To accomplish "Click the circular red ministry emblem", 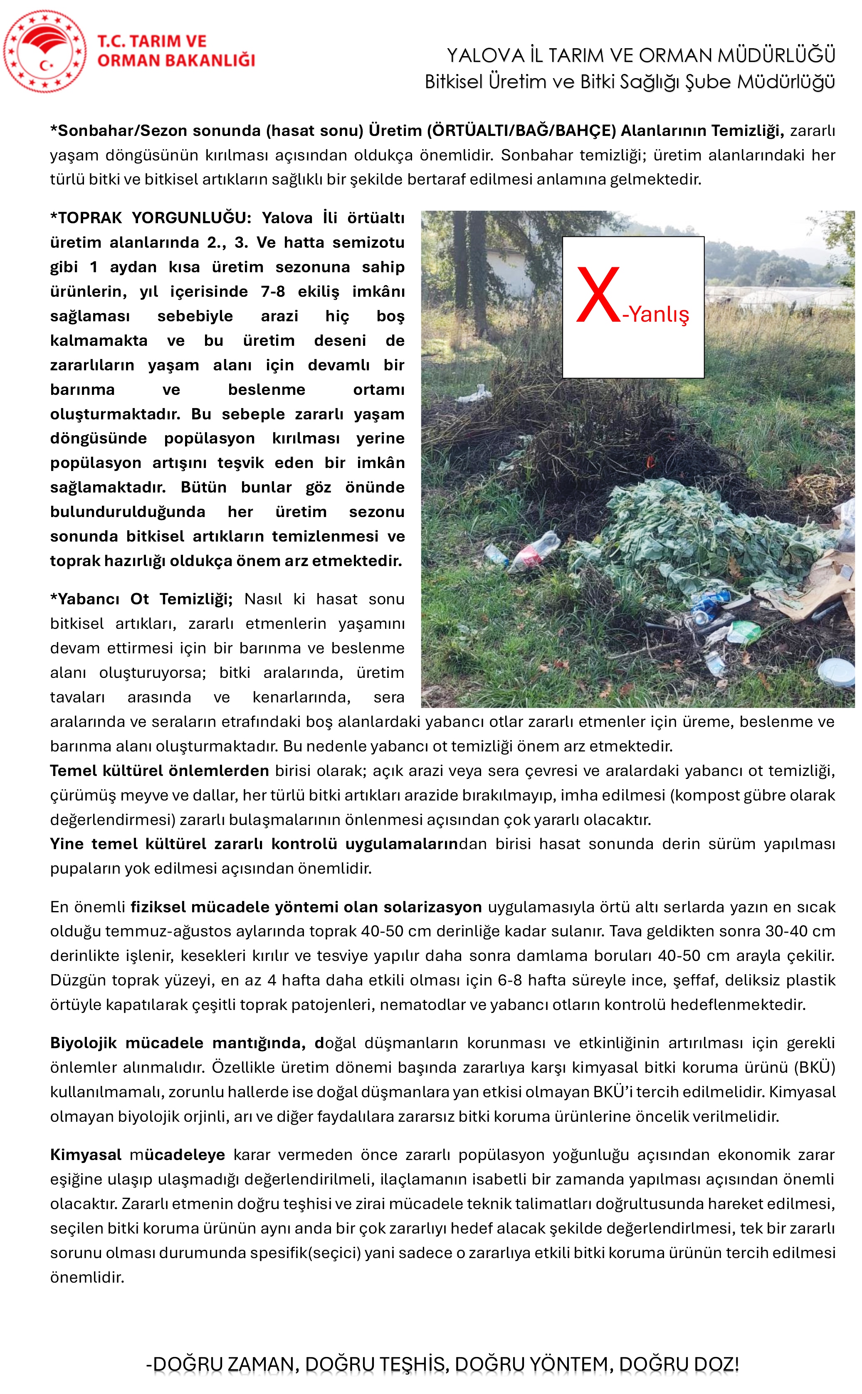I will (x=44, y=51).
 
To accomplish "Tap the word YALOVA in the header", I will (x=485, y=56).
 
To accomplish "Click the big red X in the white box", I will (x=598, y=295).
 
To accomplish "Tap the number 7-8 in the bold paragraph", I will (x=272, y=292).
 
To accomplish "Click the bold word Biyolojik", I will (x=83, y=1043).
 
